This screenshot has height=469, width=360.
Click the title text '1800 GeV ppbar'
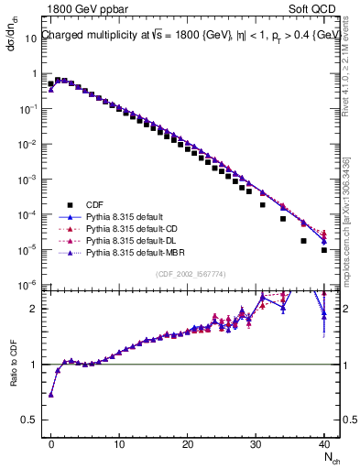79,9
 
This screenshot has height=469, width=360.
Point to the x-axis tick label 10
119,442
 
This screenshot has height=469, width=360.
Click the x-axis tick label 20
188,442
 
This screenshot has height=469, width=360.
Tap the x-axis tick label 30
256,442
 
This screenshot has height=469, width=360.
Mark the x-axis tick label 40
324,442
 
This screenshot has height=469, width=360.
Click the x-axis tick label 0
51,442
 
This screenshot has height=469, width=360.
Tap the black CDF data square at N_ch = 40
324,249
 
